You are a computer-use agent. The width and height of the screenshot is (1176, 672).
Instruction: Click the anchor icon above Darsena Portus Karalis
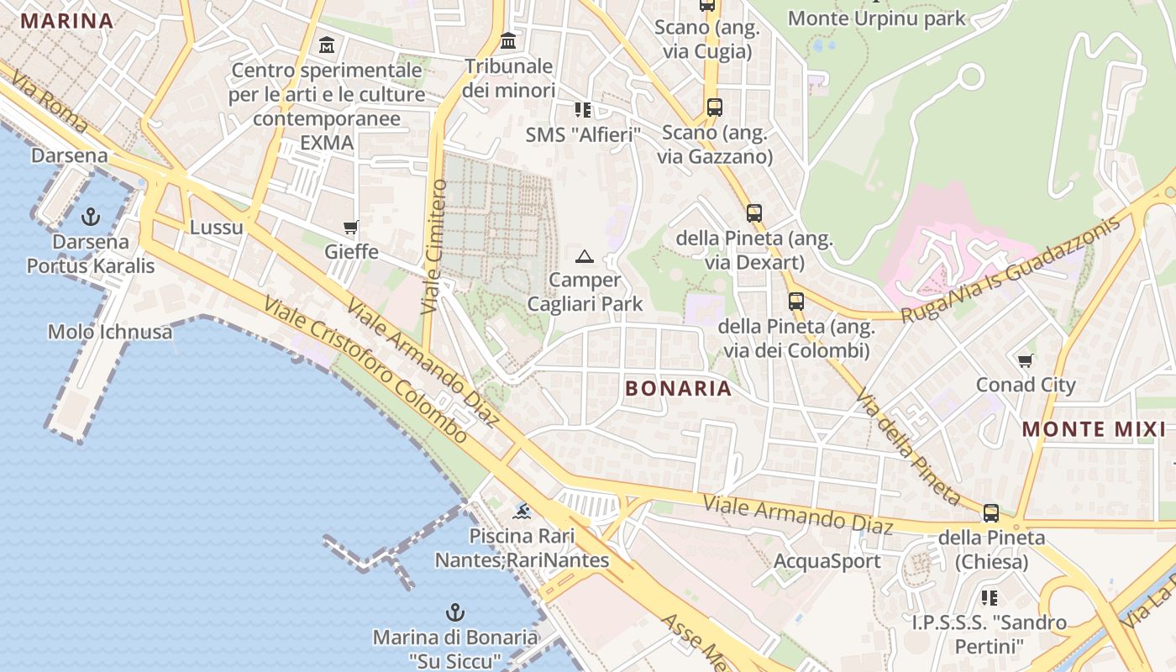click(x=90, y=218)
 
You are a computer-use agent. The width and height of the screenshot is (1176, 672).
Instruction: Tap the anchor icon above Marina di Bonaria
click(x=454, y=612)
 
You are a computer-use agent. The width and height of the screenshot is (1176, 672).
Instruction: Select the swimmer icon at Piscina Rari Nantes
click(x=522, y=511)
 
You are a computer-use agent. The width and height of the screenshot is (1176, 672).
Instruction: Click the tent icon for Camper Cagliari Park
click(x=585, y=256)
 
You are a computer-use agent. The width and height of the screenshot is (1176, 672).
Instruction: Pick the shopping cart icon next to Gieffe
click(x=351, y=227)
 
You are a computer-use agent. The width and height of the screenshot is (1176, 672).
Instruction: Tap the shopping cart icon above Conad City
click(x=1025, y=360)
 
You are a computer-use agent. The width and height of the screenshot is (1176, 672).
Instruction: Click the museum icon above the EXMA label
click(x=327, y=44)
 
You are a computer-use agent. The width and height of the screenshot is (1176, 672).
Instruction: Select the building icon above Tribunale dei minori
click(x=508, y=40)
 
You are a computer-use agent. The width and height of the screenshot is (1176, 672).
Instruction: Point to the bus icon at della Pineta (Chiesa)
click(x=991, y=512)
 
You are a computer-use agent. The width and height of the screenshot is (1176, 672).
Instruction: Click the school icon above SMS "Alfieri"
click(x=583, y=109)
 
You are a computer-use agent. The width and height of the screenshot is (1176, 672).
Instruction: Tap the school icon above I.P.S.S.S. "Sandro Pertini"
click(x=990, y=597)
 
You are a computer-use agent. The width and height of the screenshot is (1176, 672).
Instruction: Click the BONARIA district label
click(x=679, y=389)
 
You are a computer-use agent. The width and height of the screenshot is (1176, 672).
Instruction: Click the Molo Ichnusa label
click(x=110, y=332)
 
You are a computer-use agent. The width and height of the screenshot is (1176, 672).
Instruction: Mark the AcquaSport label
click(x=827, y=561)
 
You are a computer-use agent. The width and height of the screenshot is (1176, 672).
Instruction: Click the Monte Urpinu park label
click(x=877, y=18)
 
